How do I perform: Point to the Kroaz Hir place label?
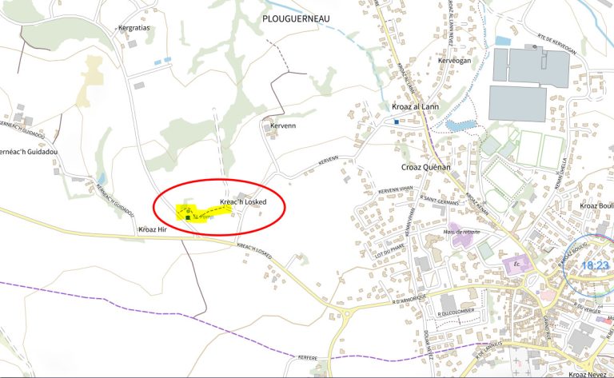point(152,229)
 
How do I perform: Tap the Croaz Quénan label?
point(426,167)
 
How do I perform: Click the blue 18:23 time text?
point(596,265)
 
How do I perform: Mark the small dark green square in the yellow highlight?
point(188,217)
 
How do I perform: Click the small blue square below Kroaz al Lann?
point(396,121)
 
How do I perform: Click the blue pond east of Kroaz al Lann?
point(459,125)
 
